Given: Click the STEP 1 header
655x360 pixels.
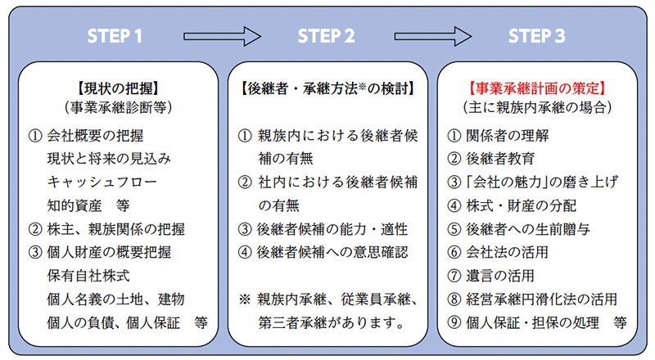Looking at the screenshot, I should coord(115,37).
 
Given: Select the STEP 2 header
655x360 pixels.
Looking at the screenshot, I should coord(326,37).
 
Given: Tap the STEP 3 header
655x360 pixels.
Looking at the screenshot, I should coord(536,37).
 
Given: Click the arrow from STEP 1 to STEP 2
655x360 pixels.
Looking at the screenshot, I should coord(221,36).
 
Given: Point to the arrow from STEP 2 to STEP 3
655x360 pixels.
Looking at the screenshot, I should coord(432,36).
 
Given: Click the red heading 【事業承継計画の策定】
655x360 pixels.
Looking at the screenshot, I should coord(536,86).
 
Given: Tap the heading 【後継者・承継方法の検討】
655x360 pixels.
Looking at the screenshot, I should coord(326,86).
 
